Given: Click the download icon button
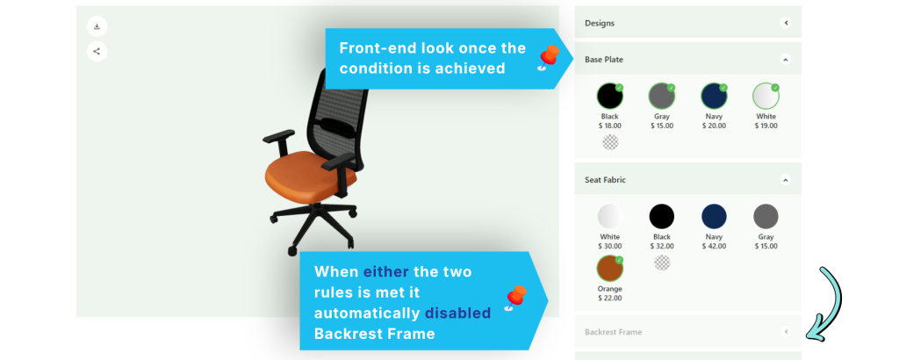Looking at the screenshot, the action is pyautogui.click(x=97, y=26).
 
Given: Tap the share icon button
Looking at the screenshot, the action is pyautogui.click(x=97, y=51).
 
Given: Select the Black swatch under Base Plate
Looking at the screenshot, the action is pyautogui.click(x=610, y=96).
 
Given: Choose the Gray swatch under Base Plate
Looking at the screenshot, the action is pyautogui.click(x=662, y=96).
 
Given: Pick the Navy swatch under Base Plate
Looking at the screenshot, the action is pyautogui.click(x=714, y=96).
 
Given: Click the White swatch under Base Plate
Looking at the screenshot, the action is pyautogui.click(x=766, y=96).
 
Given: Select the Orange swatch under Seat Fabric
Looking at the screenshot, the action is pyautogui.click(x=610, y=269).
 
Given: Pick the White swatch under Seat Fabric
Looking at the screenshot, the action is pyautogui.click(x=610, y=217).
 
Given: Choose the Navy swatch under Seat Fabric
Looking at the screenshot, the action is pyautogui.click(x=714, y=217).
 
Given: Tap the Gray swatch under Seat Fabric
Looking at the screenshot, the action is pyautogui.click(x=766, y=217).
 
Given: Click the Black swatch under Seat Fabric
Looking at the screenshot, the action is pyautogui.click(x=662, y=217).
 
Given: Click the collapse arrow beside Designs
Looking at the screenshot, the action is pyautogui.click(x=786, y=23).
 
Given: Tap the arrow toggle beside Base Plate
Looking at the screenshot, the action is pyautogui.click(x=786, y=59).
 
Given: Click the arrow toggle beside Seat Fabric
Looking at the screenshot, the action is pyautogui.click(x=786, y=179).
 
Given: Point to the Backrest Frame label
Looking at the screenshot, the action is pyautogui.click(x=613, y=332).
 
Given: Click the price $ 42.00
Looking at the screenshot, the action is pyautogui.click(x=714, y=247).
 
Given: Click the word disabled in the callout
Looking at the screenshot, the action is pyautogui.click(x=457, y=313).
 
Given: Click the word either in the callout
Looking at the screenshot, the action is pyautogui.click(x=386, y=271).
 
